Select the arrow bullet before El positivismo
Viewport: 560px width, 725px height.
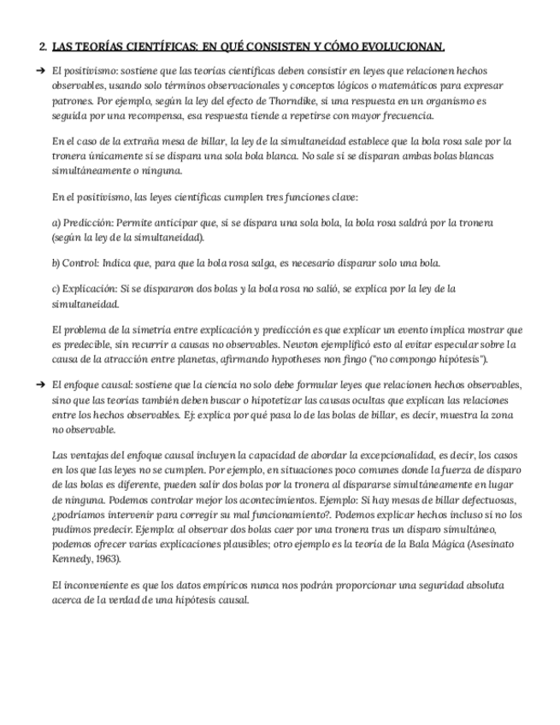(40, 71)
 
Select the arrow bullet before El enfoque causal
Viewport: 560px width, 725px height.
(40, 385)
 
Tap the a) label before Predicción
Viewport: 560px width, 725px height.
(56, 223)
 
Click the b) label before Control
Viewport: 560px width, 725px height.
(56, 262)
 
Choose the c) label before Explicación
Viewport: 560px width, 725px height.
(56, 289)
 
